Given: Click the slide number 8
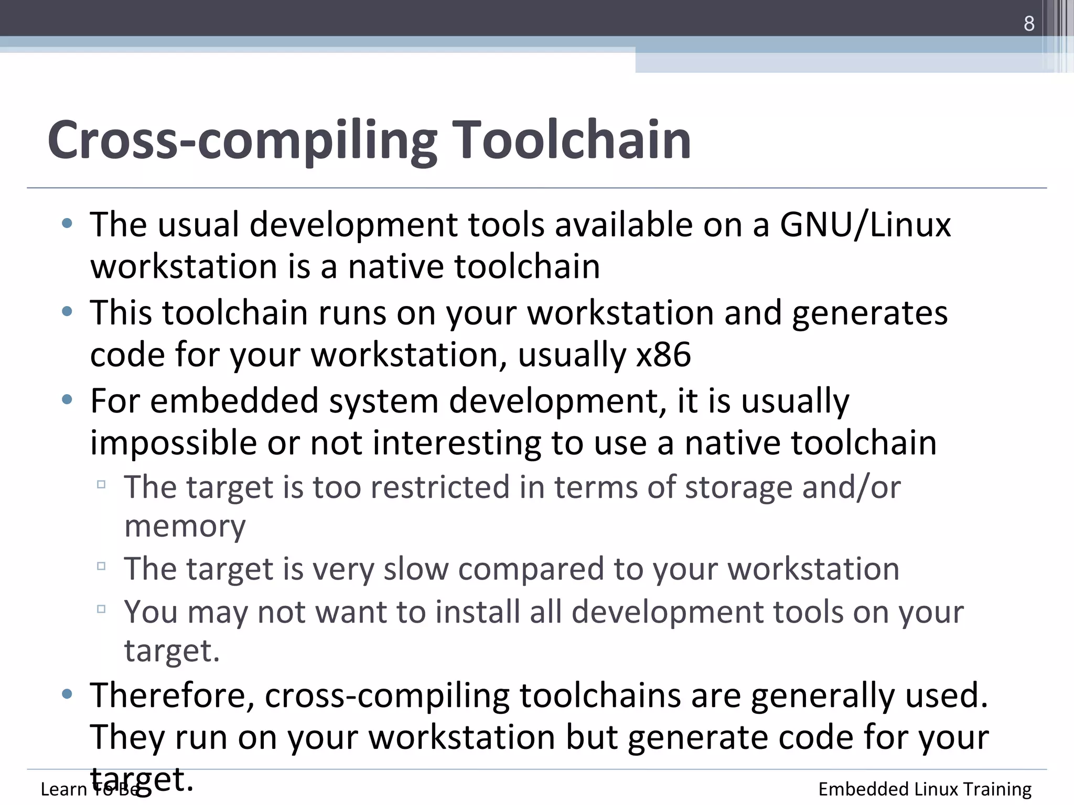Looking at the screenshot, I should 1029,24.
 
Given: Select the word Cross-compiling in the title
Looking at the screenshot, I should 242,140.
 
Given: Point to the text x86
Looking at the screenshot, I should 663,355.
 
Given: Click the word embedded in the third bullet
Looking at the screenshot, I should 234,401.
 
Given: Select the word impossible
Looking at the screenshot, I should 173,443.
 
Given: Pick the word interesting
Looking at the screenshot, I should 457,443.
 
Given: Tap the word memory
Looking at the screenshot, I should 185,526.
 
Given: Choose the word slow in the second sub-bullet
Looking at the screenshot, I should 416,569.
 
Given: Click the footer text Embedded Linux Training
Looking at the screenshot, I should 925,789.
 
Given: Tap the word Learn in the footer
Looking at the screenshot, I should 63,789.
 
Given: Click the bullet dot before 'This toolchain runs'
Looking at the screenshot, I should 67,312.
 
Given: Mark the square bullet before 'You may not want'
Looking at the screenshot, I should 101,609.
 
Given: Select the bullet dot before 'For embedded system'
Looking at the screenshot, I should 67,400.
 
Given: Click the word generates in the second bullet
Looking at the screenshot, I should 869,313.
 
